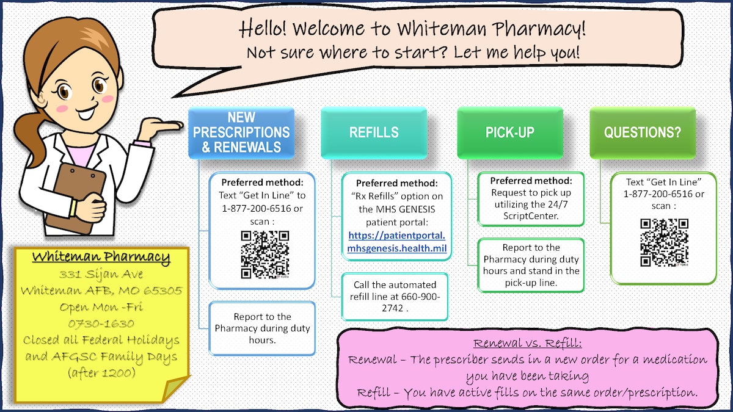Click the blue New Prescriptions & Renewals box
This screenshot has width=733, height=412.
point(241,132)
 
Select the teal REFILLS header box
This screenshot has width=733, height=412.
point(374,132)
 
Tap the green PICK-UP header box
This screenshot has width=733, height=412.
point(509,132)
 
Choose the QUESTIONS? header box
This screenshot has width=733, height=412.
point(642,132)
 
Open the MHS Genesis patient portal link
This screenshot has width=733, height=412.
point(397,242)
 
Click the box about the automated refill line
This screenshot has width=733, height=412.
point(395,296)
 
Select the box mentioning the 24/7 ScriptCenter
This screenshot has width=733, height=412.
point(531,198)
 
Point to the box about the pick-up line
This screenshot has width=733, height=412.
point(531,266)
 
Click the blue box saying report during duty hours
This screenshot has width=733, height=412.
point(262,328)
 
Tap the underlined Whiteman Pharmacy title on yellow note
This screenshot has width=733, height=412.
point(101,257)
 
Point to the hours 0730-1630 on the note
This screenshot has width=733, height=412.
point(101,323)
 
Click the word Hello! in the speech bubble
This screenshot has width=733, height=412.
point(264,28)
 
